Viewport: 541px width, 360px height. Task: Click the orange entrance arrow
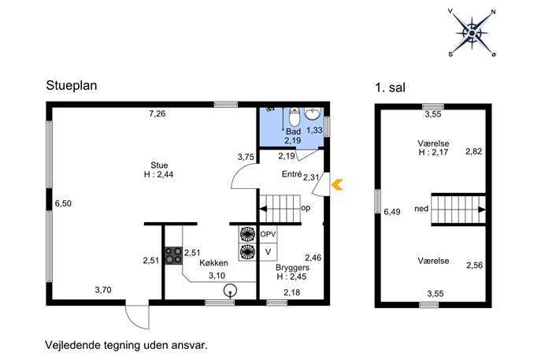tap(337, 185)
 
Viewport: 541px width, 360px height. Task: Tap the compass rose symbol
tap(472, 33)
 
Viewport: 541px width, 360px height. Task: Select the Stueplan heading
tap(72, 86)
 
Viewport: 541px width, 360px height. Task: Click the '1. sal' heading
tap(391, 87)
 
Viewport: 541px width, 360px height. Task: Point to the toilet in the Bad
tap(294, 117)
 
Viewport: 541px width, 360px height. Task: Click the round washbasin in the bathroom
tap(313, 114)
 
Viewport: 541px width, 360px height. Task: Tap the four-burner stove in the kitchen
tap(173, 255)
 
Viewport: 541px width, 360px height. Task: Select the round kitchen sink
tap(230, 291)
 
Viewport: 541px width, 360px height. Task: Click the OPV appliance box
tap(268, 235)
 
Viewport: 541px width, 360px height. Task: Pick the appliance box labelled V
tap(268, 252)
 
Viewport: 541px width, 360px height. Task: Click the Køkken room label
tap(213, 263)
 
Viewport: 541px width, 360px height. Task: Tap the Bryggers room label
tap(292, 268)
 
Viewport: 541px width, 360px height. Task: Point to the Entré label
tap(291, 174)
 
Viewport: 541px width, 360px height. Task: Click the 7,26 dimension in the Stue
tap(157, 113)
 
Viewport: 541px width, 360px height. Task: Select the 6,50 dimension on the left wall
tap(63, 204)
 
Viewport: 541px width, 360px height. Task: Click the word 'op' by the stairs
tap(306, 209)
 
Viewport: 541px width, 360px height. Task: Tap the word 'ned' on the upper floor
tap(421, 209)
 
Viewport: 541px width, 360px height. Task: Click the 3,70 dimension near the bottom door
tap(103, 290)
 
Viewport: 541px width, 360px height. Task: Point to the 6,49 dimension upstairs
tap(392, 212)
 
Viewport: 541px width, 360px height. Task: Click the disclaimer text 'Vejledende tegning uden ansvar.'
tap(126, 345)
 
